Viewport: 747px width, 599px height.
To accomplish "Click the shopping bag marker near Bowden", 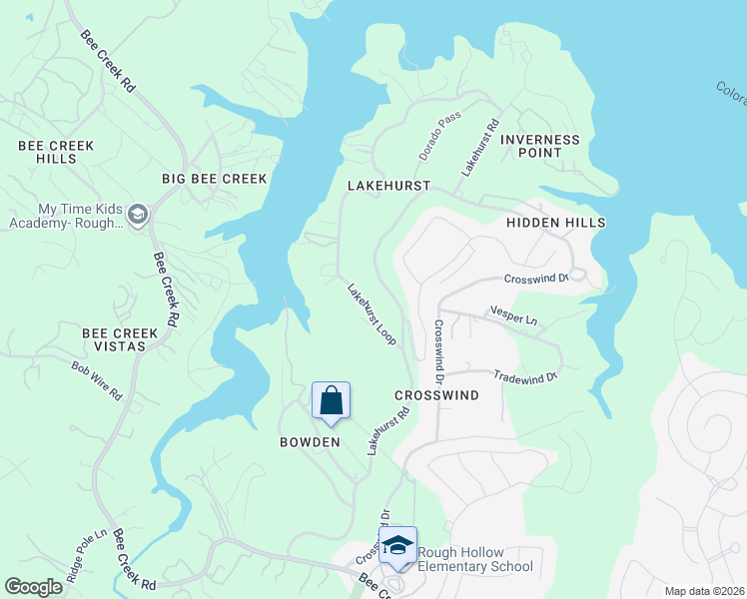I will (332, 401).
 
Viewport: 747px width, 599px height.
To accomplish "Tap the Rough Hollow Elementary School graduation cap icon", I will (397, 545).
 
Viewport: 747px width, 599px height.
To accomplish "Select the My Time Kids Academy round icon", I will (138, 216).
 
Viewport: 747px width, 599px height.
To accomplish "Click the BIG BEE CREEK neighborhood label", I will (215, 179).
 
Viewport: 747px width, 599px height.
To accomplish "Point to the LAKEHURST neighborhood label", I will (388, 186).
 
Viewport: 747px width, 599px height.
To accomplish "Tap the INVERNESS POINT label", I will (539, 146).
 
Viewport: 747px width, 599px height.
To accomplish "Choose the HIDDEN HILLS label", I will (555, 223).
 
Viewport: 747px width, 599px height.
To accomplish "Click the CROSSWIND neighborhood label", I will (436, 395).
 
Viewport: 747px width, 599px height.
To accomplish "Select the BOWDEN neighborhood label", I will (310, 441).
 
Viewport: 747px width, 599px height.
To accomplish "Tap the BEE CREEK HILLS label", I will (56, 152).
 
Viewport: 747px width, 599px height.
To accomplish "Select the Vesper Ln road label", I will (514, 315).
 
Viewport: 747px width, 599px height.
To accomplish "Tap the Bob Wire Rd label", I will (96, 380).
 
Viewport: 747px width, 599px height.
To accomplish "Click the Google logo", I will (34, 587).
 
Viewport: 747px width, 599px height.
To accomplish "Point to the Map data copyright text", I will (704, 591).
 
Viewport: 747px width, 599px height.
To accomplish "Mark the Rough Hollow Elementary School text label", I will (474, 560).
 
